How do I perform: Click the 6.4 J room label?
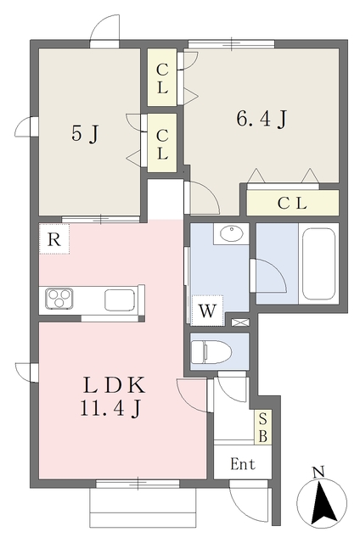pyautogui.click(x=262, y=119)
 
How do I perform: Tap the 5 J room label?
pyautogui.click(x=85, y=133)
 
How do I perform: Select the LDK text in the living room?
pyautogui.click(x=114, y=385)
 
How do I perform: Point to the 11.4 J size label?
pyautogui.click(x=110, y=408)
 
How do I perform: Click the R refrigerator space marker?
pyautogui.click(x=54, y=239)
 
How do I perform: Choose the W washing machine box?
pyautogui.click(x=207, y=311)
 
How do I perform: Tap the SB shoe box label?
pyautogui.click(x=263, y=428)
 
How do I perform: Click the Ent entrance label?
pyautogui.click(x=243, y=464)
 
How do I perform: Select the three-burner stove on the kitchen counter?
pyautogui.click(x=59, y=299)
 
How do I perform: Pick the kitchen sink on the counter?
pyautogui.click(x=120, y=299)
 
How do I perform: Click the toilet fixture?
pyautogui.click(x=211, y=352)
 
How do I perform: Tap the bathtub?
pyautogui.click(x=318, y=264)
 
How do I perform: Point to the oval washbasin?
pyautogui.click(x=231, y=233)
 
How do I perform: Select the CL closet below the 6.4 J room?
pyautogui.click(x=292, y=203)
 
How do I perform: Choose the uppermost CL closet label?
pyautogui.click(x=162, y=79)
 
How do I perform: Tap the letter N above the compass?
pyautogui.click(x=318, y=473)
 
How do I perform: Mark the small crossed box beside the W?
pyautogui.click(x=240, y=322)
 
